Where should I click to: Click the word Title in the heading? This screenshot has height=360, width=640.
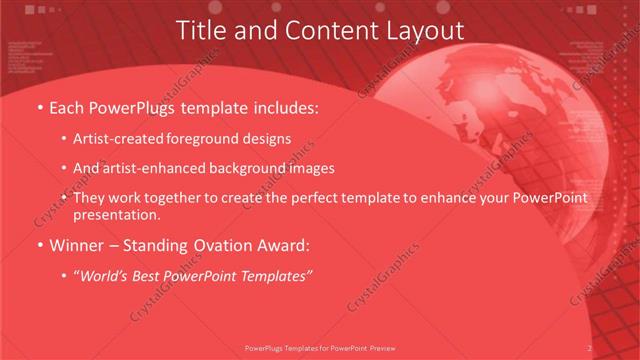200,31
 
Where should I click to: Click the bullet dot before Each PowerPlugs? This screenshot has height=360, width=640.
39,106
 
